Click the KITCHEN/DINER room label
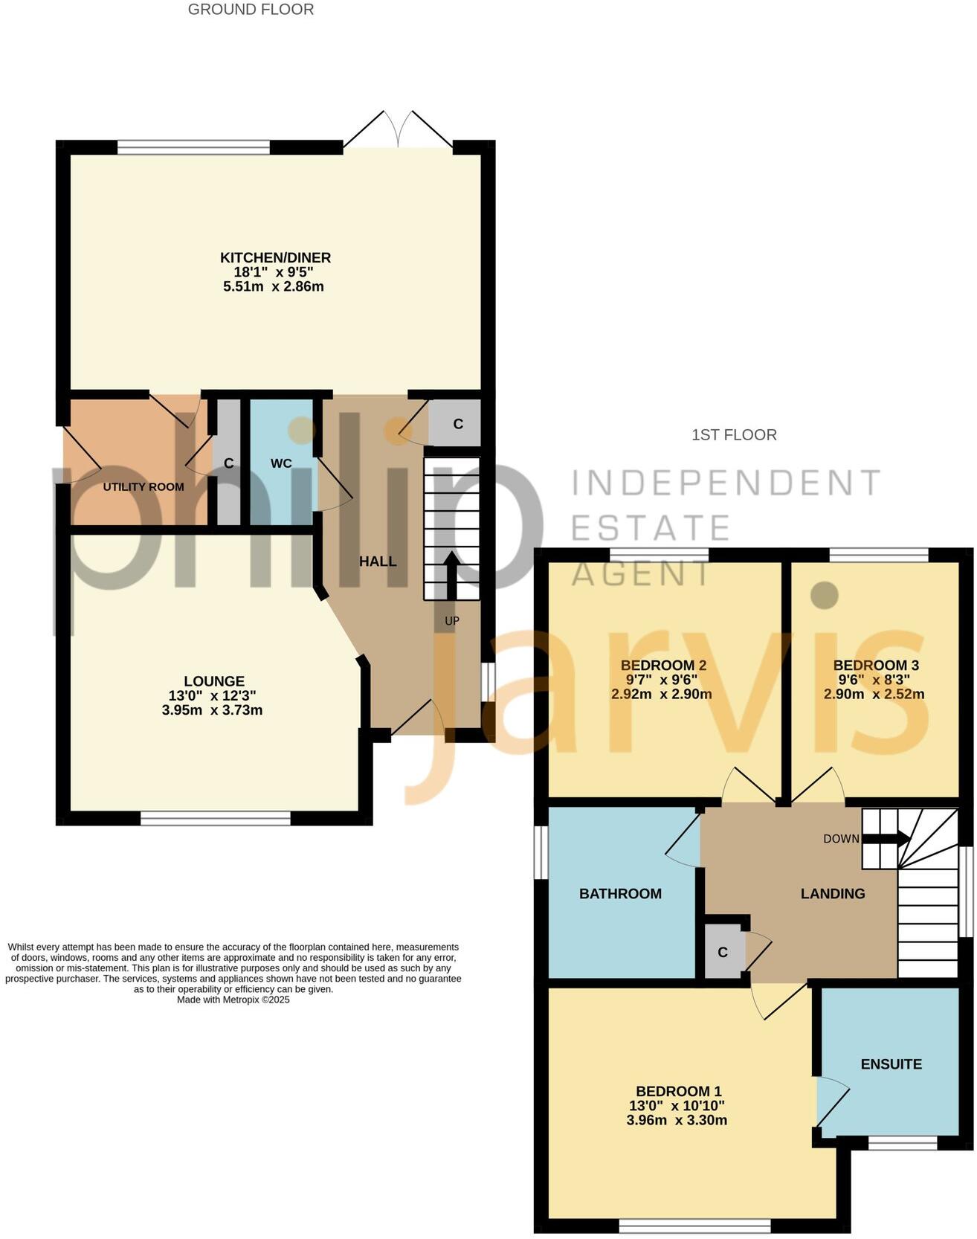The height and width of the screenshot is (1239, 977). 275,257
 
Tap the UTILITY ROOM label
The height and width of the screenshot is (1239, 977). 144,487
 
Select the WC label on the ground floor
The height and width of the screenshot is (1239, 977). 281,463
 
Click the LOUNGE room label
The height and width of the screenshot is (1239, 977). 214,680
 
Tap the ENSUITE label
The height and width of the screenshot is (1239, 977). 891,1064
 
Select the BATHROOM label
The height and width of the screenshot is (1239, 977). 620,894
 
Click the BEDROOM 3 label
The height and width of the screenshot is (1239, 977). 871,666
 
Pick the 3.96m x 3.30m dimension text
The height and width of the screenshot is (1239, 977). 677,1120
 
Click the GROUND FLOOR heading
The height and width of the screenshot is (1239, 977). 251,10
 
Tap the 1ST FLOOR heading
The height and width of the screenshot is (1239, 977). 734,435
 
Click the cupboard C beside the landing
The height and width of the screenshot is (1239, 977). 722,953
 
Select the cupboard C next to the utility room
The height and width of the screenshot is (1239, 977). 229,463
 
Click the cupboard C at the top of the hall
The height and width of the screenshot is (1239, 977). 458,424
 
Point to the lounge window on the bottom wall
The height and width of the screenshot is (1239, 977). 216,818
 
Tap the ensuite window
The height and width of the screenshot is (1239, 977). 903,1143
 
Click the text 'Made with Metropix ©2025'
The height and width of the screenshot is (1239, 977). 233,1000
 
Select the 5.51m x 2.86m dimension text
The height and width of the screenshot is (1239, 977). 274,286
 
